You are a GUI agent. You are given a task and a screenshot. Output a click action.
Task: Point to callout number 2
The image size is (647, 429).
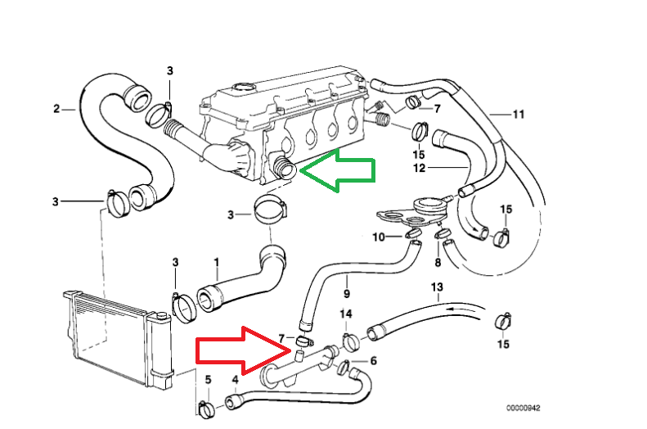[56, 108]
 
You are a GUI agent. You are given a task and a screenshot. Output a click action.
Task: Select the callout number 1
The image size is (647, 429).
[217, 263]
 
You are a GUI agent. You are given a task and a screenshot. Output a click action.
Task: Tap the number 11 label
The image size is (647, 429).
[517, 114]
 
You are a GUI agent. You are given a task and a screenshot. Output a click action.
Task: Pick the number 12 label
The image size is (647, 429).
[419, 169]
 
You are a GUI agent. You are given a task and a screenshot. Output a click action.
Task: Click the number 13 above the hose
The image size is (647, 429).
[436, 287]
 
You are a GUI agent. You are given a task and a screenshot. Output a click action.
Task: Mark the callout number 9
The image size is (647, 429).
[346, 293]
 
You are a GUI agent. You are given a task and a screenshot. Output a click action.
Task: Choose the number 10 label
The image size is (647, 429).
[378, 237]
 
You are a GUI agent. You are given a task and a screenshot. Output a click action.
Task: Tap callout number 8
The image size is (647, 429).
[437, 262]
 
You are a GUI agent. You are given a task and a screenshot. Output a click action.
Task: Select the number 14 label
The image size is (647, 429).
[346, 314]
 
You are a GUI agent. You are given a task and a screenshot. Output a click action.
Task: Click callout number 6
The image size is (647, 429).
[374, 360]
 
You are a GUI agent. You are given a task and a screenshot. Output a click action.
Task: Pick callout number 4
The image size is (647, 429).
[236, 379]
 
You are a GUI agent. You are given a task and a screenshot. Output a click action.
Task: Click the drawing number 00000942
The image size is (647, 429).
[523, 407]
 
